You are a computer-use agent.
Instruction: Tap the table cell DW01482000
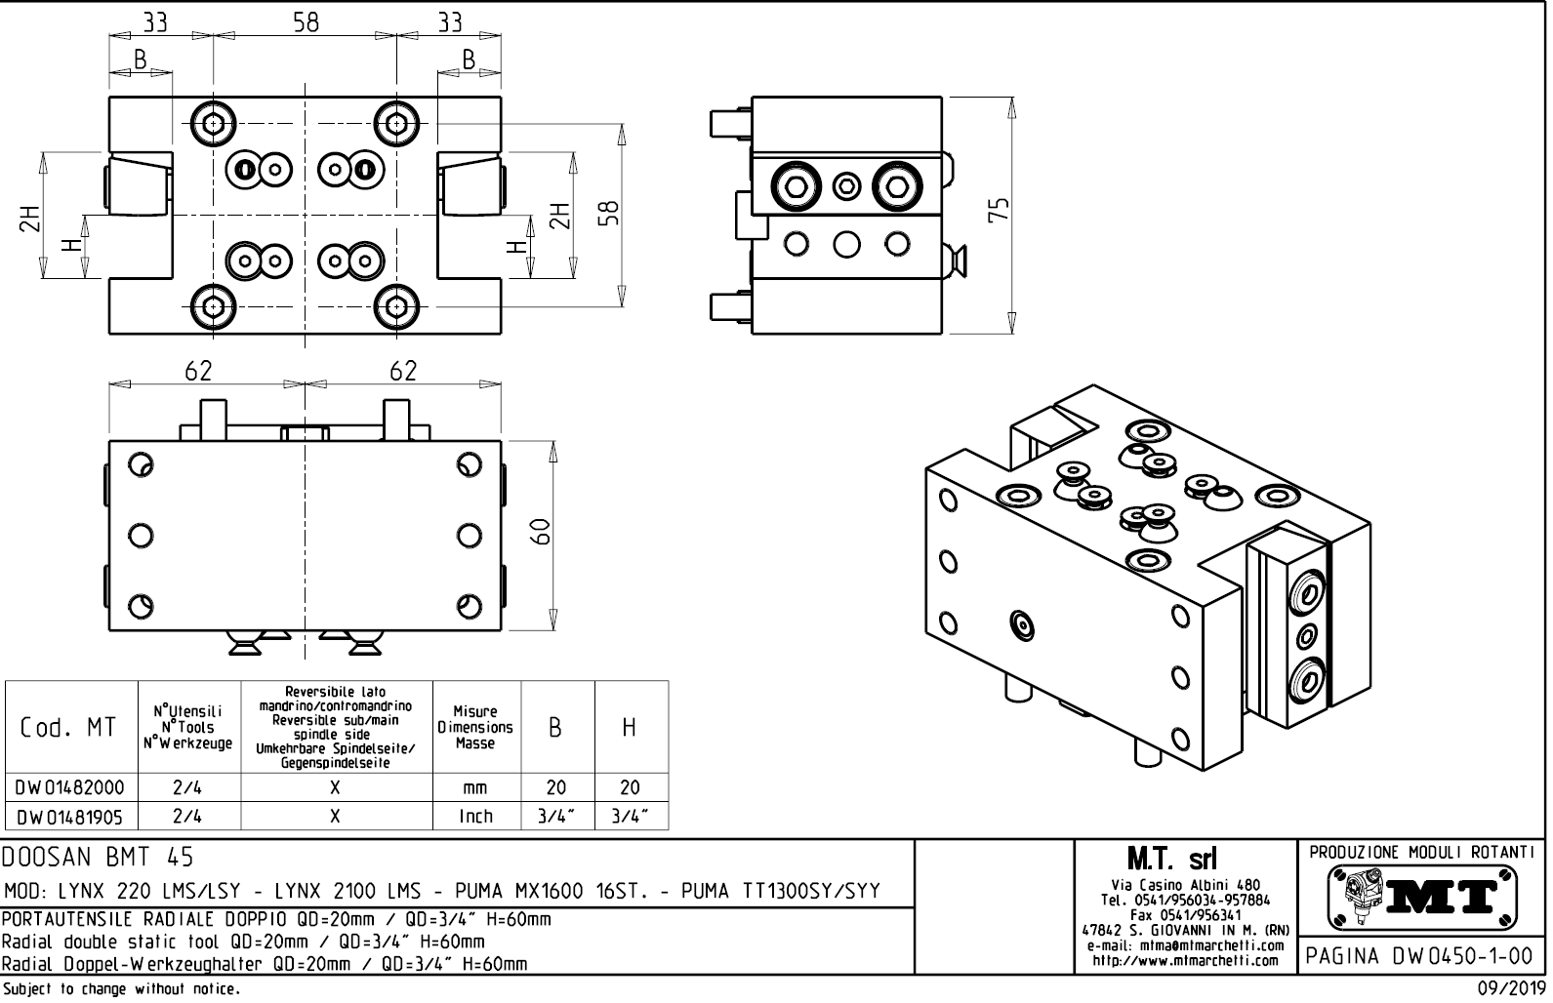pyautogui.click(x=70, y=787)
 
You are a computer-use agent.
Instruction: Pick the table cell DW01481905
pyautogui.click(x=70, y=816)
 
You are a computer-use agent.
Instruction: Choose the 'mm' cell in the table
pyautogui.click(x=475, y=787)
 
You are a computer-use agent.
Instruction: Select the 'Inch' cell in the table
pyautogui.click(x=475, y=816)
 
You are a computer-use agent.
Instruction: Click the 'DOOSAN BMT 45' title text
pyautogui.click(x=98, y=857)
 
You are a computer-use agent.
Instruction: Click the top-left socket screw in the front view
pyautogui.click(x=214, y=124)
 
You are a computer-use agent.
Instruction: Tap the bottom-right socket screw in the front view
pyautogui.click(x=396, y=306)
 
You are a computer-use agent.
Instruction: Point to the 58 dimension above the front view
pyautogui.click(x=306, y=21)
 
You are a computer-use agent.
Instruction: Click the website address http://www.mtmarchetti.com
pyautogui.click(x=1185, y=960)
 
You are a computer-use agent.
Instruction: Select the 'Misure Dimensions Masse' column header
pyautogui.click(x=475, y=728)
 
